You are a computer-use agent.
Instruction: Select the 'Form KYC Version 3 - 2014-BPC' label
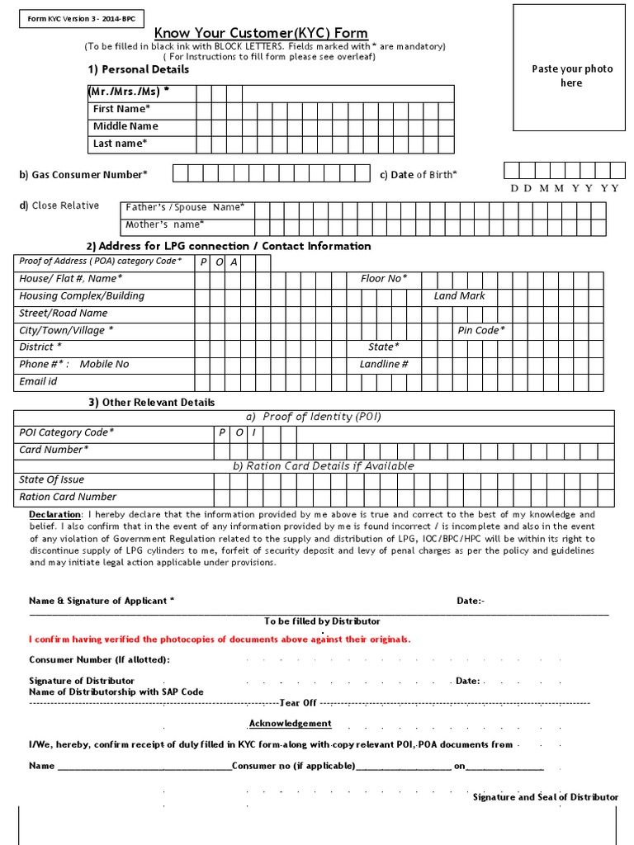pos(69,17)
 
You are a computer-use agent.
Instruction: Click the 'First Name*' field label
pos(121,109)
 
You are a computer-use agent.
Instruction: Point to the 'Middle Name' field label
pos(125,126)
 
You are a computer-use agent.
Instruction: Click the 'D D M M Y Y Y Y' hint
pos(565,188)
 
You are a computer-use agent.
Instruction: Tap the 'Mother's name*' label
pos(165,224)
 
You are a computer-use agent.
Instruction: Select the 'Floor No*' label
pos(384,279)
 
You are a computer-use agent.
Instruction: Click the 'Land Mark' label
pos(460,295)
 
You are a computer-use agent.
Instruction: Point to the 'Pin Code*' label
pos(481,330)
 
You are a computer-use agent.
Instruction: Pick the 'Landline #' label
pos(384,364)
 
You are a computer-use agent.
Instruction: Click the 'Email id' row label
pos(38,381)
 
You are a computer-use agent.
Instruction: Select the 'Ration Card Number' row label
pos(68,497)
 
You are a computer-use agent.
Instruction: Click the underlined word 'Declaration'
pos(56,514)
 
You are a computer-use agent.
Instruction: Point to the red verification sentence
pos(220,640)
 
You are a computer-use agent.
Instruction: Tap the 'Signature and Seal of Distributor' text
pos(545,797)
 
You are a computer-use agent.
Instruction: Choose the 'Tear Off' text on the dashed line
pos(298,703)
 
